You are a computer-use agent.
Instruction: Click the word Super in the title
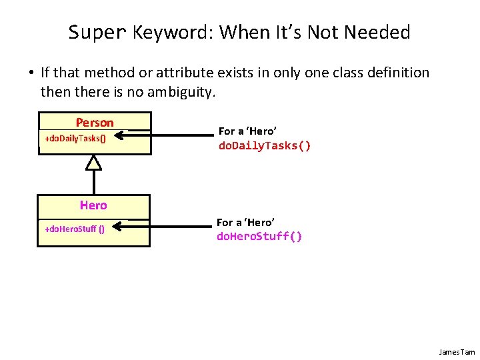pos(97,32)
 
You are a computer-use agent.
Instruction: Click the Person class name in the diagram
pos(95,122)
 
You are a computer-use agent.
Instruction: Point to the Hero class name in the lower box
pos(93,205)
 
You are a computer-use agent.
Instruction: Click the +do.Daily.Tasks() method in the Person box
pos(75,139)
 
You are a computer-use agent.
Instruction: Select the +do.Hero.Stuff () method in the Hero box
pos(74,229)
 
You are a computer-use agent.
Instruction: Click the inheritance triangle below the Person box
pos(94,161)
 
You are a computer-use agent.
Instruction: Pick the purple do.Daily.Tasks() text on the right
pos(265,146)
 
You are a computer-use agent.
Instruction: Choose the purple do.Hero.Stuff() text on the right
pos(259,236)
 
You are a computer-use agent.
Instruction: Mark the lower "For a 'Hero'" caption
pos(246,222)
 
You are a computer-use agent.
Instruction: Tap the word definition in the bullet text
pos(397,72)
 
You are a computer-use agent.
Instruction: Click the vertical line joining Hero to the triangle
pos(94,181)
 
